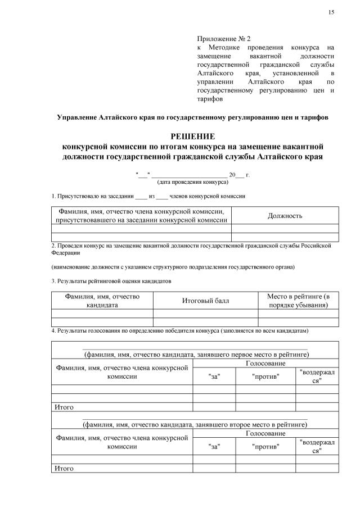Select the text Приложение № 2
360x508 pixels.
tap(223, 38)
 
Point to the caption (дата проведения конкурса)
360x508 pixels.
tap(192, 182)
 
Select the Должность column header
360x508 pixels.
tap(285, 216)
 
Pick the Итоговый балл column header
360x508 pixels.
tap(205, 301)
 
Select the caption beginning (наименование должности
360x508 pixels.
tap(173, 266)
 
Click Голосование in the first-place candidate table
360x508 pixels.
tap(265, 364)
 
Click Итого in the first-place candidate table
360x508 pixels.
tap(64, 407)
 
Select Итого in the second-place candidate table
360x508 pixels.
tap(64, 468)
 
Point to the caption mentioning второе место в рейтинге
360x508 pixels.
tap(195, 425)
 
